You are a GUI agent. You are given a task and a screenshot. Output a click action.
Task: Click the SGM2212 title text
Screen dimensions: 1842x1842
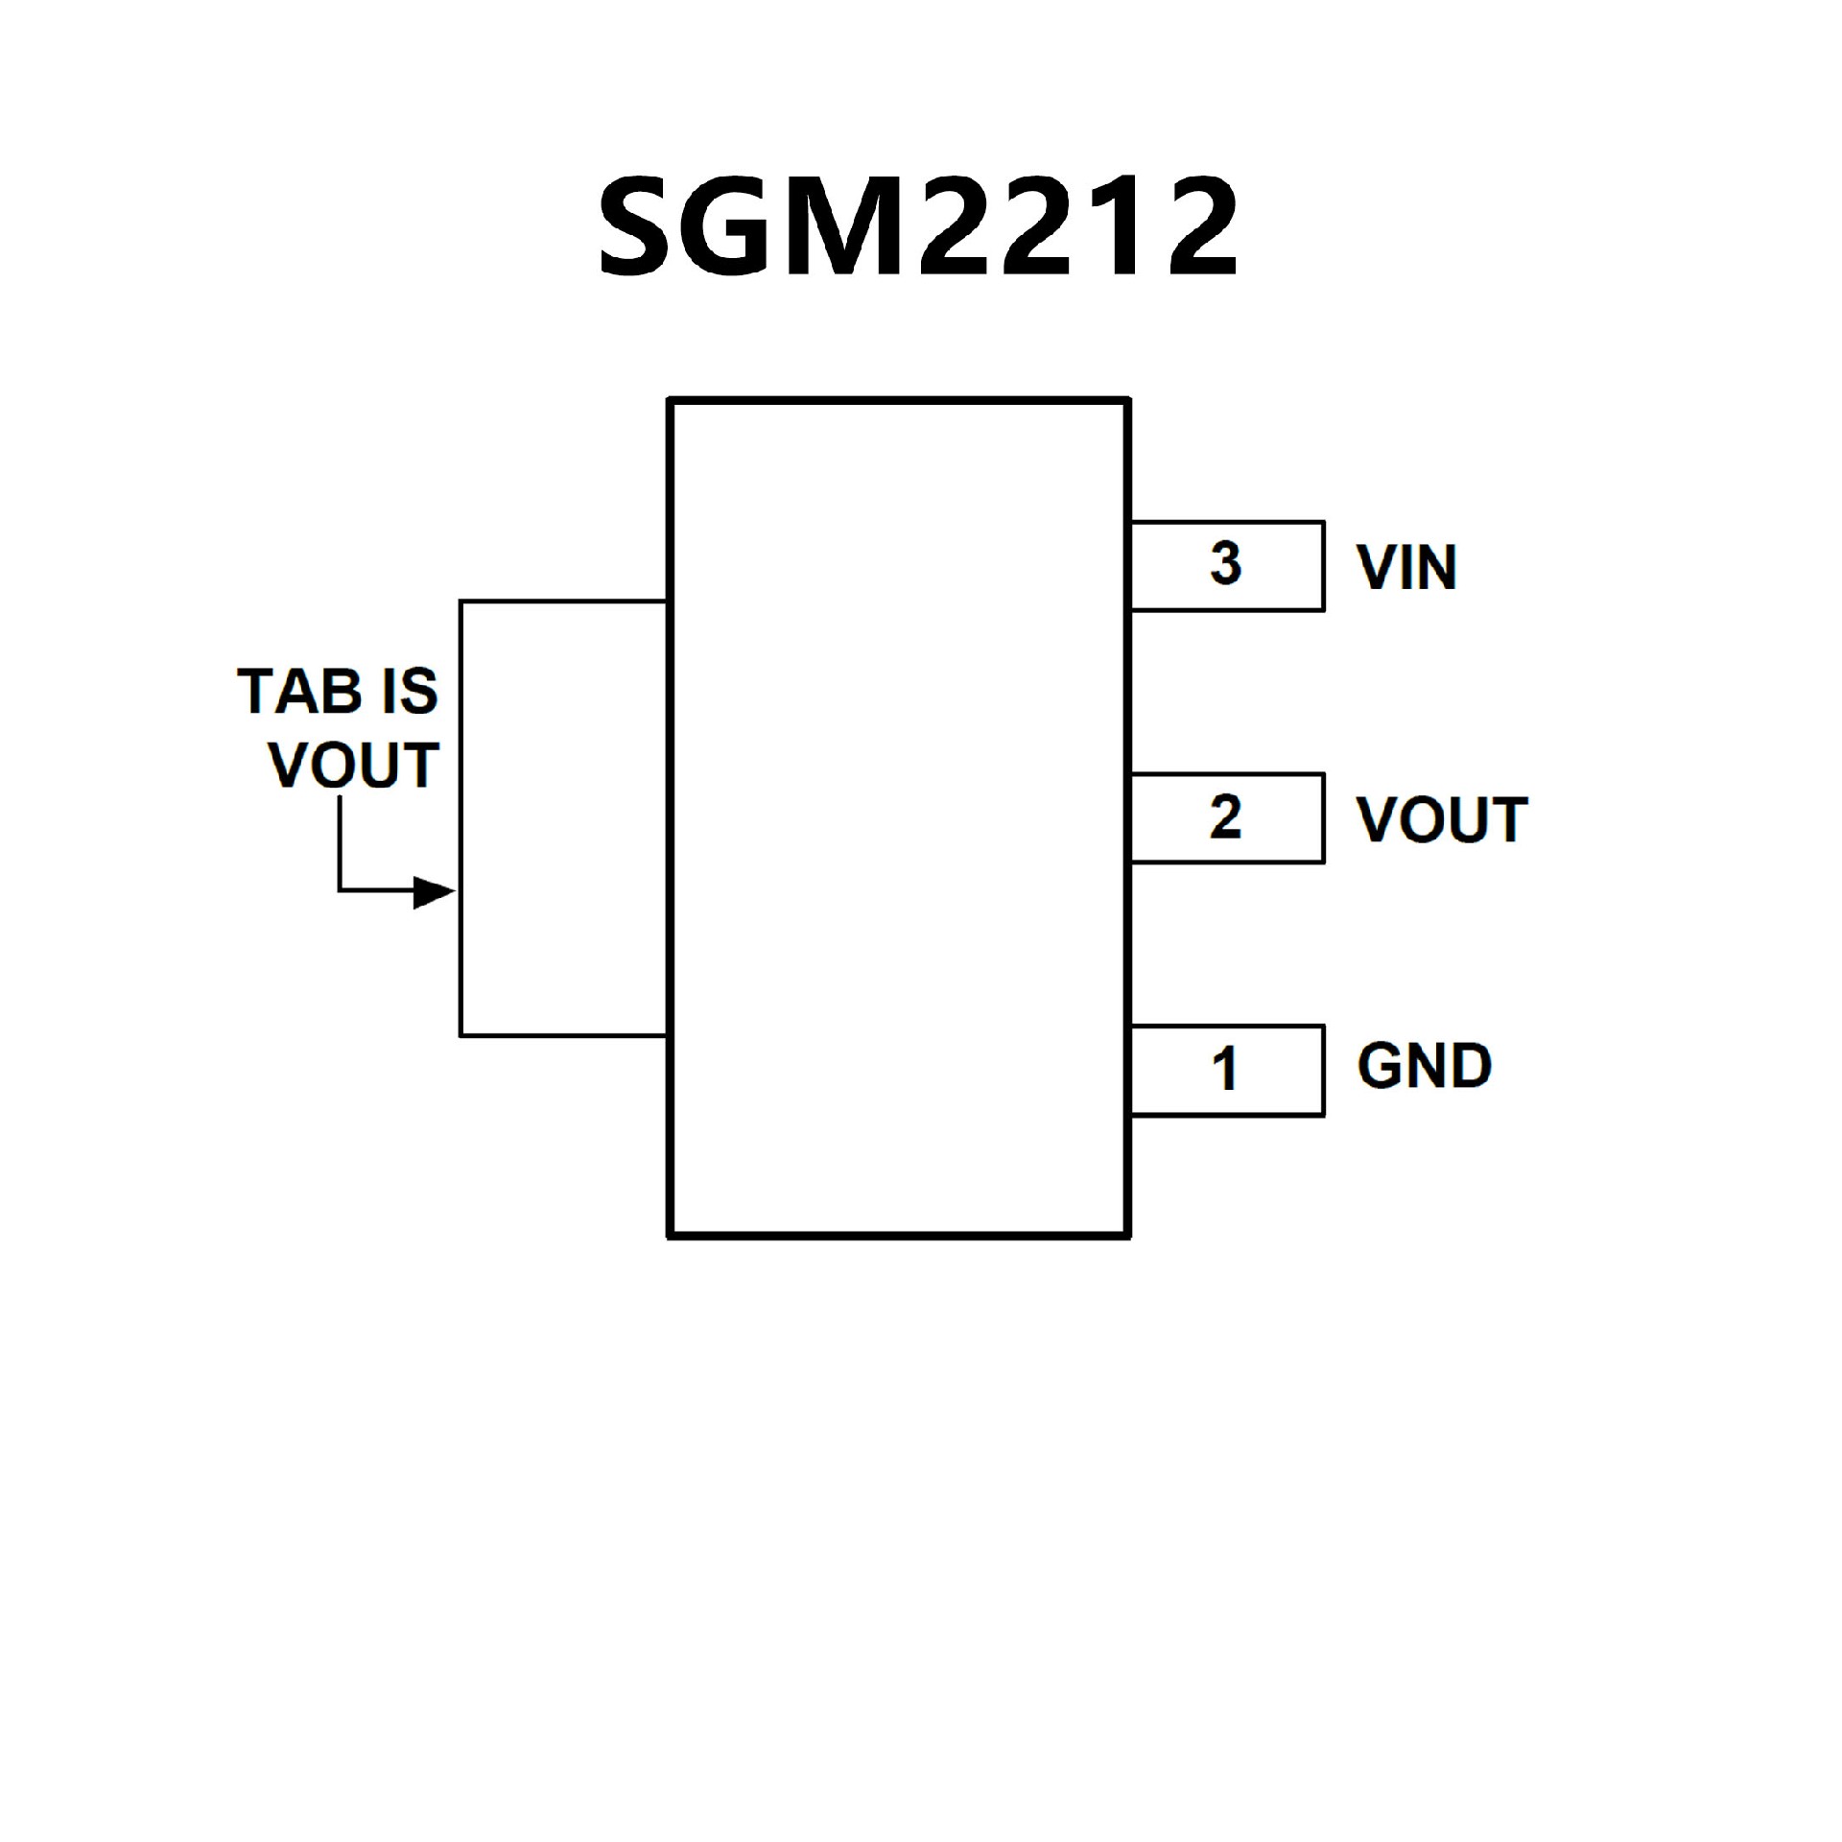click(x=919, y=227)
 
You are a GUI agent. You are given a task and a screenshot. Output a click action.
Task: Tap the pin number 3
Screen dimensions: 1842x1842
click(x=1225, y=563)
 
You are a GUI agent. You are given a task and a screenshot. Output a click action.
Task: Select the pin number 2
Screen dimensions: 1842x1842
click(x=1225, y=817)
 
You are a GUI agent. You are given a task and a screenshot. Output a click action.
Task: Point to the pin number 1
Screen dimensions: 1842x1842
click(x=1224, y=1069)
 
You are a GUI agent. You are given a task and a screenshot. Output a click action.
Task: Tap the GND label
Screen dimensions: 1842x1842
click(x=1424, y=1066)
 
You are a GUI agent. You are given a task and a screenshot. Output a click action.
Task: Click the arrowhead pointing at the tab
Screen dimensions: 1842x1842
click(x=435, y=892)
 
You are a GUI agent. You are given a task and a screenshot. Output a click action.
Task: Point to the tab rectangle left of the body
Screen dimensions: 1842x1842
click(x=563, y=818)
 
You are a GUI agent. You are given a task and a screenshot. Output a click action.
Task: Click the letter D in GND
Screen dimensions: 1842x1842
click(x=1469, y=1066)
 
